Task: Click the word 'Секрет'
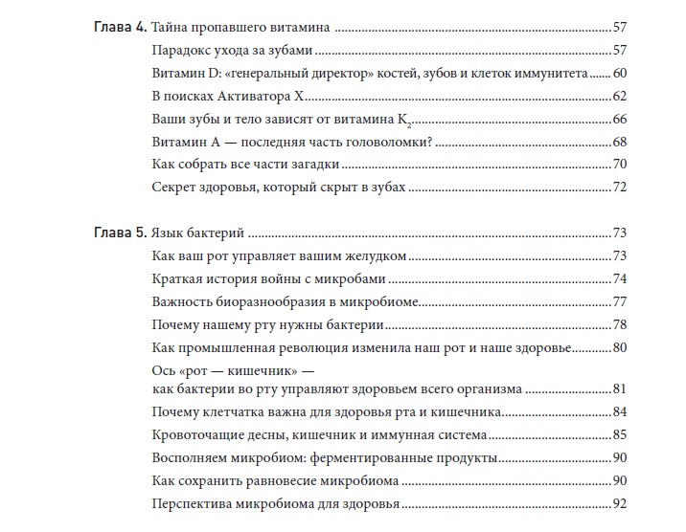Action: [175, 188]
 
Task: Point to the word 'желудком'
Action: [377, 256]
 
